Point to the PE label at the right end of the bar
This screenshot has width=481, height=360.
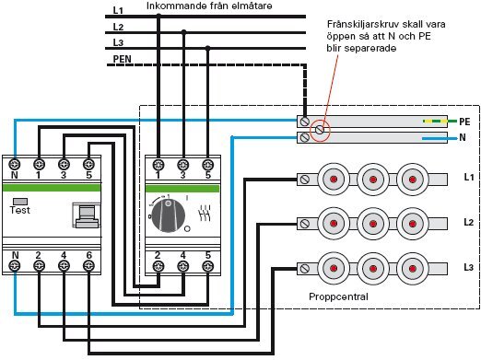tap(464, 121)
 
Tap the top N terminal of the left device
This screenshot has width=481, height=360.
tap(14, 161)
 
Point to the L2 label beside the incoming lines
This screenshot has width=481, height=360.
tap(117, 27)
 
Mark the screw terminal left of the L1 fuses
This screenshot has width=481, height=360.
tap(304, 175)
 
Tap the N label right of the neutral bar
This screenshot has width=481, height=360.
tap(464, 137)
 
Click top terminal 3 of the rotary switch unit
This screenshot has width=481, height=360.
tap(182, 161)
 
